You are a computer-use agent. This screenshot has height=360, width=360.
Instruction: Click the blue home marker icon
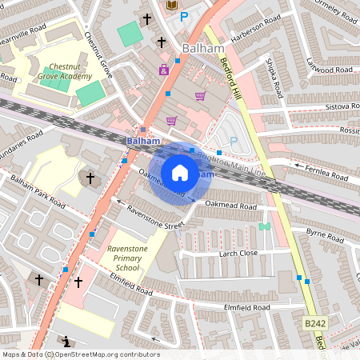tap(180, 172)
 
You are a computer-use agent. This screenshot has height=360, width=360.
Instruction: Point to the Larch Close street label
tap(238, 254)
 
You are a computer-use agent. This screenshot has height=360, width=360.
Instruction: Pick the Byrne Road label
tap(325, 232)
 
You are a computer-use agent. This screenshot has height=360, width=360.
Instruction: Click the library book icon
tap(170, 6)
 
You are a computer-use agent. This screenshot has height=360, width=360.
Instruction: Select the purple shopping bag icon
tap(164, 70)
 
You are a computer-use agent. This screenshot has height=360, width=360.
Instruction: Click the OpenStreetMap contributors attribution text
tap(80, 354)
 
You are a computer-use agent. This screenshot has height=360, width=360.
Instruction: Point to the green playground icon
tap(264, 226)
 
